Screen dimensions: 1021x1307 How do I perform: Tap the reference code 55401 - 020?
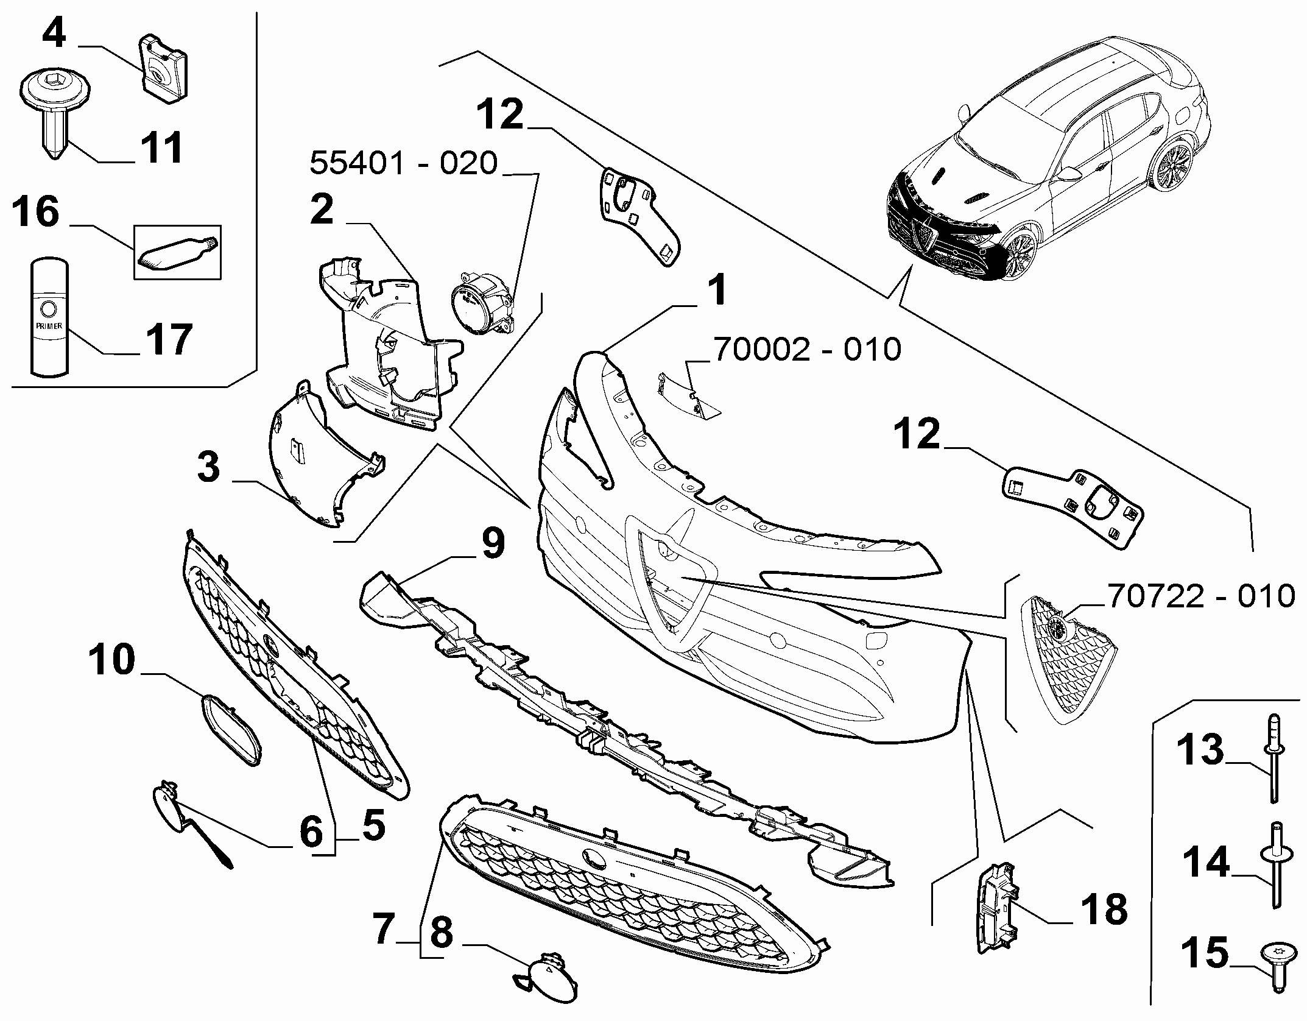pos(404,163)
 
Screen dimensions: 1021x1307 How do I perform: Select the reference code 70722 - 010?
pos(1200,596)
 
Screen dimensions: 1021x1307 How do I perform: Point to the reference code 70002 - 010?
pos(807,349)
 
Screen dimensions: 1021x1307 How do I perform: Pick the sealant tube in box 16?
pos(177,252)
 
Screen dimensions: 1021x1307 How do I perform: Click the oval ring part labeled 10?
pos(231,729)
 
